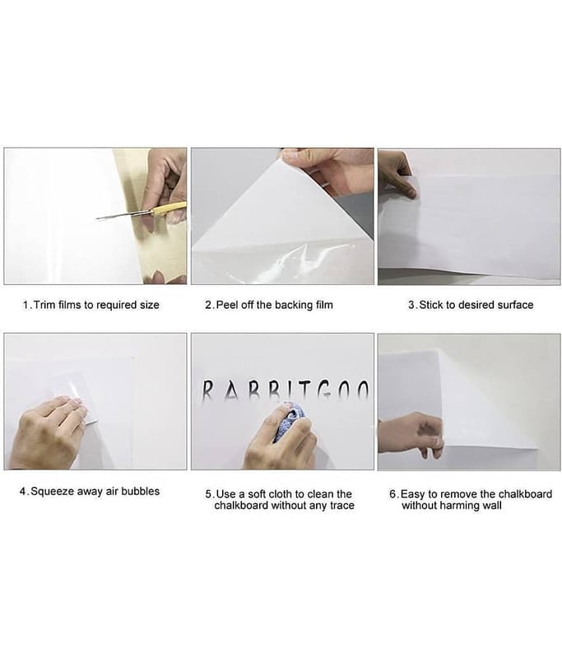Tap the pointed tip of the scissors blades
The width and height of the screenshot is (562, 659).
pos(96,218)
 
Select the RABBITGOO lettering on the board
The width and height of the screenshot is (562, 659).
pos(286,389)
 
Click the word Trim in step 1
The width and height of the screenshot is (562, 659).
pos(44,305)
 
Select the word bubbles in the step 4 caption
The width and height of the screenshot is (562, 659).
pos(140,491)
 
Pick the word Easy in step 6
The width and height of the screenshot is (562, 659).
pos(412,493)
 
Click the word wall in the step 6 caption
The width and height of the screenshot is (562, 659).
pos(492,505)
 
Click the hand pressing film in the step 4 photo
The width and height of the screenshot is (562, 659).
pos(46,434)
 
